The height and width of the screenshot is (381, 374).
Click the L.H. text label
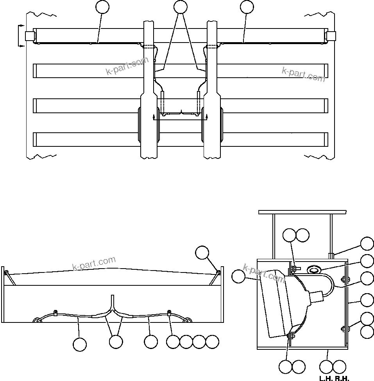[325, 378]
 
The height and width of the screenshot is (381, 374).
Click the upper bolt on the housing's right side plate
[344, 279]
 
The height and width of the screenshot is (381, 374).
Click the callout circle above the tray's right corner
[202, 253]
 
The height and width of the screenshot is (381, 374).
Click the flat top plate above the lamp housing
[302, 212]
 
